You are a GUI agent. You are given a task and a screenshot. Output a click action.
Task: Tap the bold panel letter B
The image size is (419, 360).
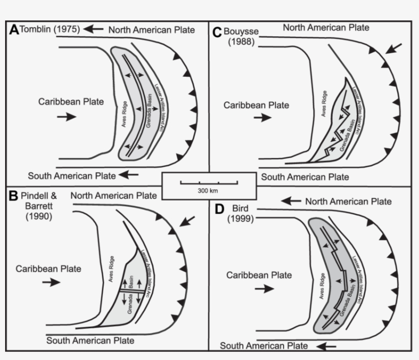[14, 195]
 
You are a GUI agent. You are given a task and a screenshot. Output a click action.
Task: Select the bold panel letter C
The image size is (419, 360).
[216, 32]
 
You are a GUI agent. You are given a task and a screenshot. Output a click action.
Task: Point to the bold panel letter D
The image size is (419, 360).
[220, 209]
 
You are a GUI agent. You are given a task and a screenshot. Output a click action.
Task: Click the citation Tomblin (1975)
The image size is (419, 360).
[50, 30]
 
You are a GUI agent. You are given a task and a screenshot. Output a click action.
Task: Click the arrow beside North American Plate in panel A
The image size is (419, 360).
[93, 30]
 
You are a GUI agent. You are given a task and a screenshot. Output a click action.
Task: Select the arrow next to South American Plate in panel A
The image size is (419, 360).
[128, 175]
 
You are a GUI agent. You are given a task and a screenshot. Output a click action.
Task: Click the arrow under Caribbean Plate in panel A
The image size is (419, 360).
[66, 117]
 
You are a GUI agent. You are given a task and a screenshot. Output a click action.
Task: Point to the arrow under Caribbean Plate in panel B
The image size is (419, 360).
[51, 282]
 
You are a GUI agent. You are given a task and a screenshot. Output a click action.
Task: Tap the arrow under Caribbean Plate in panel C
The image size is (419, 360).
[263, 118]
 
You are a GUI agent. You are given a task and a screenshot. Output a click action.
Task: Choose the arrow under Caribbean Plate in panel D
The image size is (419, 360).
[264, 288]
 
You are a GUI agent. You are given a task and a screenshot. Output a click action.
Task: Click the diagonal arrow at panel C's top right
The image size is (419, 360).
[395, 49]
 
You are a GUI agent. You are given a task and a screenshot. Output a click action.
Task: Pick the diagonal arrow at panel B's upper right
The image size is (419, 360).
[188, 221]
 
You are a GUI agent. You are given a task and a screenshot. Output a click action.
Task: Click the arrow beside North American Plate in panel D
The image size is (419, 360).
[291, 201]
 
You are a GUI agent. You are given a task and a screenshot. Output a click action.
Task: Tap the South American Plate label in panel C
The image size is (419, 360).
[305, 177]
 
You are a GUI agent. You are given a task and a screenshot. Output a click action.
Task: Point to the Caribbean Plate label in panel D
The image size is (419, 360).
[259, 275]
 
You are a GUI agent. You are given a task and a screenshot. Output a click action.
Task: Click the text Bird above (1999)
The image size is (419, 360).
[239, 209]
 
